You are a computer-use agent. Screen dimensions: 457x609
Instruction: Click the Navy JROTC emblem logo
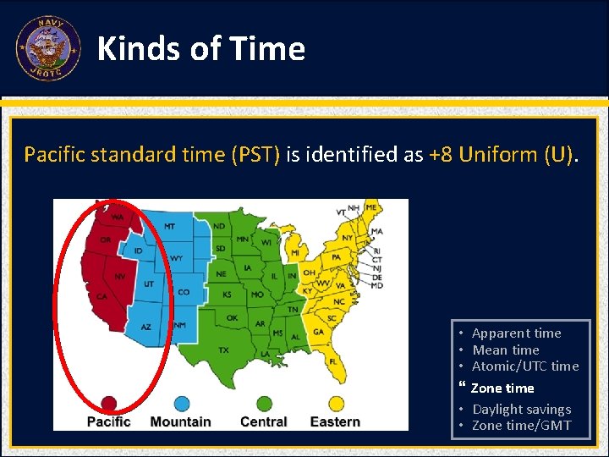(x=48, y=48)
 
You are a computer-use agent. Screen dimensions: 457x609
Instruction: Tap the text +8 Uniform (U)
(x=502, y=154)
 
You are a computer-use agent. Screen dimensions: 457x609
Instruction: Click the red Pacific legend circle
(x=108, y=404)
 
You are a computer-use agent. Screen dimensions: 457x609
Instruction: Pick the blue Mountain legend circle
(x=181, y=404)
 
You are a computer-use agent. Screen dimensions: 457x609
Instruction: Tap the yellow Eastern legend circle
(x=335, y=404)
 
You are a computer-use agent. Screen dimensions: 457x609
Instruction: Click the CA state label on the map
(x=101, y=297)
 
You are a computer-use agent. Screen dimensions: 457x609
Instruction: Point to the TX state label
(x=223, y=349)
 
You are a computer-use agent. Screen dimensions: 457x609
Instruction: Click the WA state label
(x=117, y=217)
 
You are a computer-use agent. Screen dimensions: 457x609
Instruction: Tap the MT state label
(x=170, y=227)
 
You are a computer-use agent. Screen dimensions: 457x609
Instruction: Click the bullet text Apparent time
(x=516, y=333)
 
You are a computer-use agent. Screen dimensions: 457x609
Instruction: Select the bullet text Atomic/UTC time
(x=524, y=366)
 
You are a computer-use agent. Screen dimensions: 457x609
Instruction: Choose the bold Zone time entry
(x=502, y=388)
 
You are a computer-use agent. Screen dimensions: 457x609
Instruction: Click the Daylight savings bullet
(x=521, y=410)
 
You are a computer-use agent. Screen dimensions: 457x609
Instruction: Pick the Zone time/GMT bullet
(x=521, y=426)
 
